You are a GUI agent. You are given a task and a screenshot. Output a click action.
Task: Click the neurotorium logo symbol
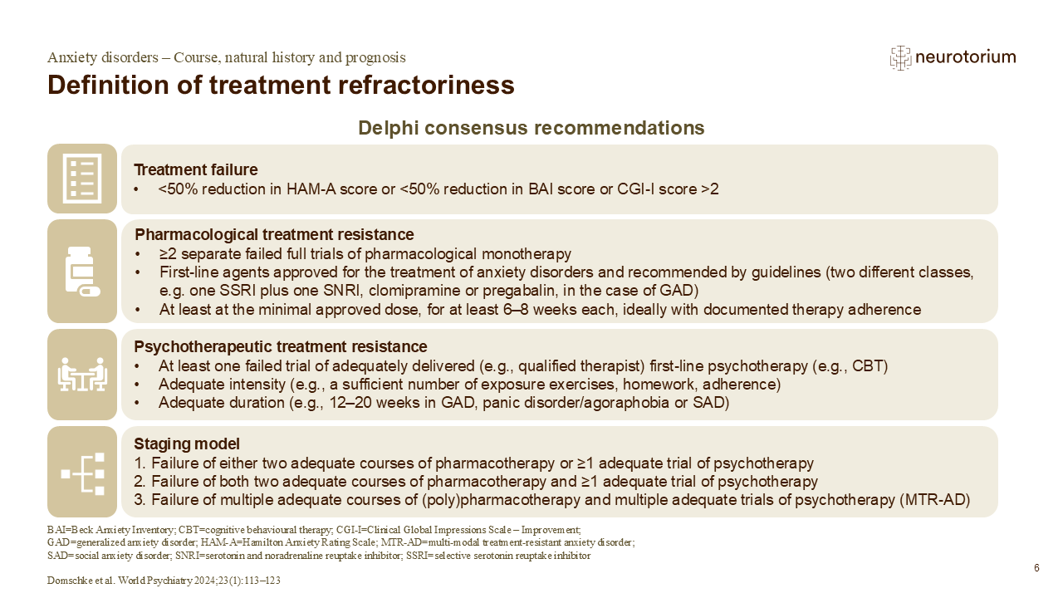900,58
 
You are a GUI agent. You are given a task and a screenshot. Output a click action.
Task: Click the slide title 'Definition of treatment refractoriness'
281,86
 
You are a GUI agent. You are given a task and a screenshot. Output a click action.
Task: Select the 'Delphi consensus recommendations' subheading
531,128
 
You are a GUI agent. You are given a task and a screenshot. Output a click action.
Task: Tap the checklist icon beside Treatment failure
82,179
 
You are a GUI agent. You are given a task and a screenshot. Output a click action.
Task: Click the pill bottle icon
82,272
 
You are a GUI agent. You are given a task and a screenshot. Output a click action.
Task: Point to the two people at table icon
82,375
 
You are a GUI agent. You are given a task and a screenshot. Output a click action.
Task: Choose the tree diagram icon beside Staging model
82,473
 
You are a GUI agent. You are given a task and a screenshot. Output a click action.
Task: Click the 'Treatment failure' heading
195,169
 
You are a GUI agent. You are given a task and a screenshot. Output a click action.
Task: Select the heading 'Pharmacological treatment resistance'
274,234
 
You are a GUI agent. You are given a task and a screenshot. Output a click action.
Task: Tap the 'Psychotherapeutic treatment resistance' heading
281,346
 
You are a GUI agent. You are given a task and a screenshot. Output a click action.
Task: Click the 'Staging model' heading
187,444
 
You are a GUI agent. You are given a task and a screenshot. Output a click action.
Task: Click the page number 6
1037,568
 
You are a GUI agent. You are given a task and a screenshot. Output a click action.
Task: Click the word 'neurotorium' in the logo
966,57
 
